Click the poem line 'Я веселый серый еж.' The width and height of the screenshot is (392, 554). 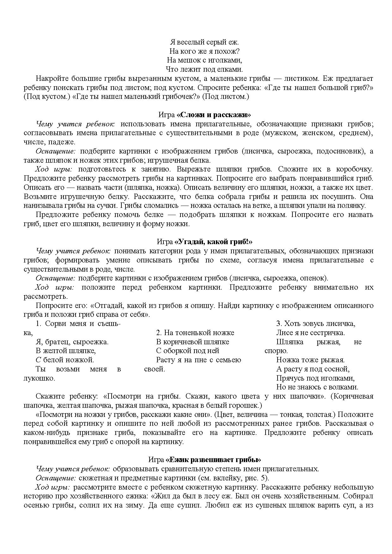tap(204, 42)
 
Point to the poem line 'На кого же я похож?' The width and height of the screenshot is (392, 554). tap(204, 51)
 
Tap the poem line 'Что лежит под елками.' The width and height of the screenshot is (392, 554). tap(204, 69)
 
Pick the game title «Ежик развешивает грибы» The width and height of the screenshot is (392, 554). tap(213, 460)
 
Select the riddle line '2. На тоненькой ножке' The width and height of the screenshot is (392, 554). tap(195, 333)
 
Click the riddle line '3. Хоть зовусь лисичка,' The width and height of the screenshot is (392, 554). tap(316, 324)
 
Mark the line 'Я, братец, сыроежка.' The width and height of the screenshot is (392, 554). tap(72, 342)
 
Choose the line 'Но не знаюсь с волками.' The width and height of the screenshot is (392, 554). tap(317, 387)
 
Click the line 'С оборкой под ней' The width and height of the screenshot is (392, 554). tap(187, 351)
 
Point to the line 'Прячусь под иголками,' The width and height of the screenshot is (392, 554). tap(315, 378)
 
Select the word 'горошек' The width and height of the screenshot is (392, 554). tap(248, 405)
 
